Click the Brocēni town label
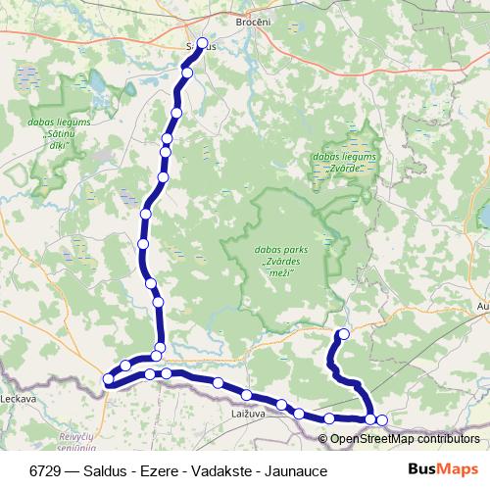252,21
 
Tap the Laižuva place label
261,416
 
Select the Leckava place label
18,399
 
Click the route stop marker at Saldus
203,43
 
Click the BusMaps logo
444,469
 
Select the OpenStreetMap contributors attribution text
405,439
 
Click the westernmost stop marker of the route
109,379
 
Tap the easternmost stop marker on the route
381,420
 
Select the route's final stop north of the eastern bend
343,335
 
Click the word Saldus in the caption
108,470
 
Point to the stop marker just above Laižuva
248,395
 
